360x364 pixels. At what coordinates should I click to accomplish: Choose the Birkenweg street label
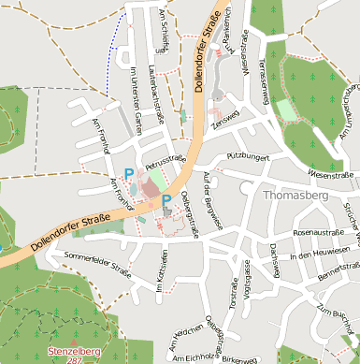[240, 358]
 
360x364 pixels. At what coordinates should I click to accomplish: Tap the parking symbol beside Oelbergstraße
[166, 200]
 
